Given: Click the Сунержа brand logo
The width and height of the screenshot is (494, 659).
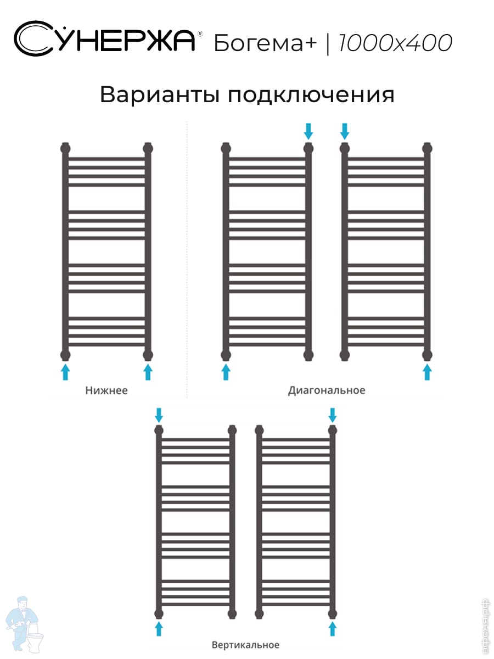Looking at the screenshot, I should (x=104, y=39).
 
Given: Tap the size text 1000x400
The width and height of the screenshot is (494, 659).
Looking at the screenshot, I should (x=395, y=42).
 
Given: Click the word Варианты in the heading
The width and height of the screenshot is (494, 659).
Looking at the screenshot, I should (x=159, y=94).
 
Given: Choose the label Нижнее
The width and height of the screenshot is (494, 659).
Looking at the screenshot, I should (x=106, y=391).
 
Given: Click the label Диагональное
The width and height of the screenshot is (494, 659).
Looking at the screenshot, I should (x=326, y=390).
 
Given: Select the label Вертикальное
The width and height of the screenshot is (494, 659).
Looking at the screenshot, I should (x=245, y=645).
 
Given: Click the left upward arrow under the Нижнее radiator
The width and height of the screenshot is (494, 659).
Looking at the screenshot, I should (x=65, y=371).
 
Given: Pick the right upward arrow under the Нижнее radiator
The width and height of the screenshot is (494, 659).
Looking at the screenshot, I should (x=147, y=371).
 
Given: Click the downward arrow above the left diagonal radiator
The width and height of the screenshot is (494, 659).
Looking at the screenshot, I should (x=308, y=131).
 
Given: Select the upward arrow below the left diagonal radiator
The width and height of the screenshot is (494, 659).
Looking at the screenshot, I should (x=226, y=371).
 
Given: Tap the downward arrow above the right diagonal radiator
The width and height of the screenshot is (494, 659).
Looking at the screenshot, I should (x=345, y=131).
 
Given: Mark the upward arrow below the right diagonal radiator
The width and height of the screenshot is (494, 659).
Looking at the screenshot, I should (x=427, y=371).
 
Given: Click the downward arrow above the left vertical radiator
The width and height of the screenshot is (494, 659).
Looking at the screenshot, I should (x=159, y=414).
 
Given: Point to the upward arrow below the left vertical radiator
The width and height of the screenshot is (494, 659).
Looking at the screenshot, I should (x=159, y=628).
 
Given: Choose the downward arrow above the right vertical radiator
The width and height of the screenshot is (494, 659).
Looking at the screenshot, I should (x=332, y=414).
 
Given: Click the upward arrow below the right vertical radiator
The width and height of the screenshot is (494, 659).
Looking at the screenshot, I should (x=332, y=628).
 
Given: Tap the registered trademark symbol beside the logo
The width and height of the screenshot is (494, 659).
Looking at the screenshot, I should (x=200, y=33).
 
